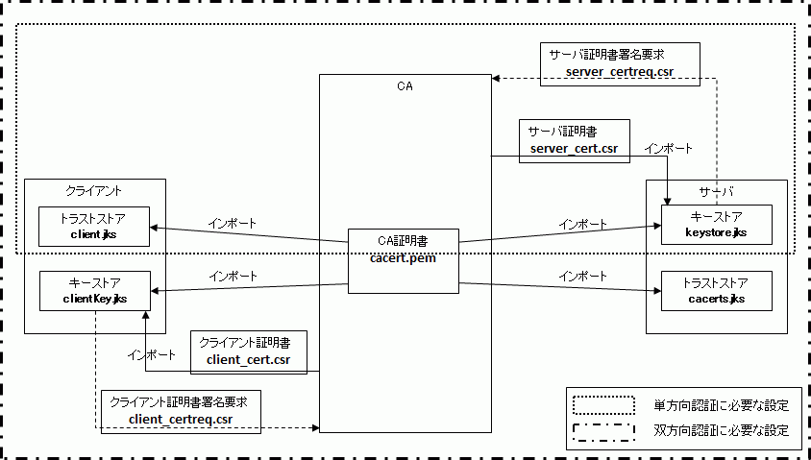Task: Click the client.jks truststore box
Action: click(x=94, y=226)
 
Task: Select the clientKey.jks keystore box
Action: click(x=94, y=290)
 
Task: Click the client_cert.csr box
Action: click(x=248, y=351)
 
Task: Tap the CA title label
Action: click(x=405, y=86)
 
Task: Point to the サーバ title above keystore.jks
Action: click(x=716, y=190)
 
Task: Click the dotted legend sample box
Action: click(x=603, y=403)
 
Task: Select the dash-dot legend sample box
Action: click(x=603, y=430)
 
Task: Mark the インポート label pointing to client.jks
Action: click(x=233, y=223)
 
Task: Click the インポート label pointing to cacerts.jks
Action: click(x=583, y=276)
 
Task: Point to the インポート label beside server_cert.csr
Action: click(x=668, y=149)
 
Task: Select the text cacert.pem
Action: click(x=404, y=256)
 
